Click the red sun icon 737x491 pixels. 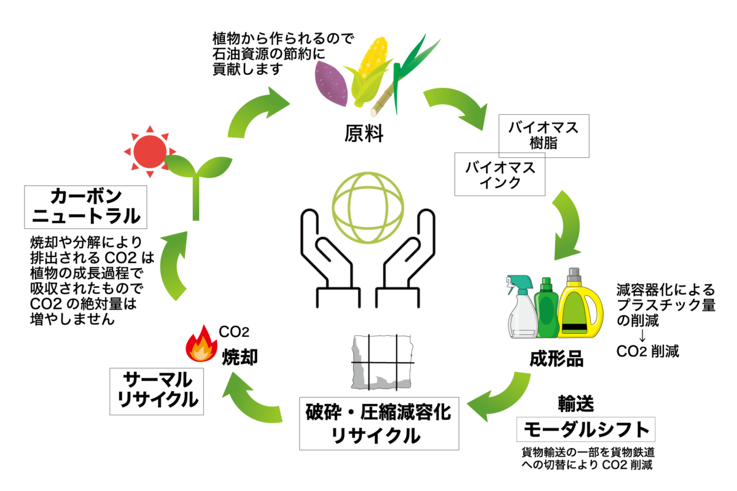click(150, 149)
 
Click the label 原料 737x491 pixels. click(364, 133)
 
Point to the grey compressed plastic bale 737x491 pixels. click(380, 362)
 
